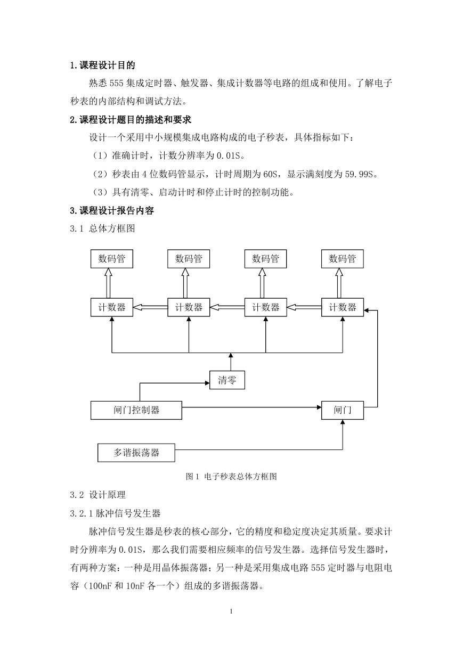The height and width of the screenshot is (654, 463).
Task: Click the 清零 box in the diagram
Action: (x=227, y=380)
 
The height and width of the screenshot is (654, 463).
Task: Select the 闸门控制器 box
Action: (x=136, y=410)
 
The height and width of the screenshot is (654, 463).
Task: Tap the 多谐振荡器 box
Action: (x=136, y=453)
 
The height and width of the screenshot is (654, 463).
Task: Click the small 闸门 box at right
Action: (x=343, y=410)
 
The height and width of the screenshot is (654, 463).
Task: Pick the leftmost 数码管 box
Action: (x=111, y=259)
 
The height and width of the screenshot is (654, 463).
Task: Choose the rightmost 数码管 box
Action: (x=343, y=259)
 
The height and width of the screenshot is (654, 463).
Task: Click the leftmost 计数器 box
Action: (x=111, y=307)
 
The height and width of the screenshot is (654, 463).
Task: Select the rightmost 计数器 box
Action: (x=343, y=307)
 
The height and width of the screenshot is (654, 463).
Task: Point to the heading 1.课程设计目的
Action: (x=102, y=65)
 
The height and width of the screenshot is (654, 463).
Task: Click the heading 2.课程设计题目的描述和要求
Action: (x=131, y=119)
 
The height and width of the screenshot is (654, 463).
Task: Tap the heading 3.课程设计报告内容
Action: (x=112, y=210)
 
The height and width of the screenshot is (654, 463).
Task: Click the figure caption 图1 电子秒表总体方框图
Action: (x=231, y=477)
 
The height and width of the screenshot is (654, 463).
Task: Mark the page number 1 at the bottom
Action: (x=231, y=611)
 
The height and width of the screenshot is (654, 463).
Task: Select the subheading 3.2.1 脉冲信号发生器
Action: (x=116, y=513)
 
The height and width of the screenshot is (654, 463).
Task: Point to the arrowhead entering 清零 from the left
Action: (x=207, y=383)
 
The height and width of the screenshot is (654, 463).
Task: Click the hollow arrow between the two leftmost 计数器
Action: (x=150, y=307)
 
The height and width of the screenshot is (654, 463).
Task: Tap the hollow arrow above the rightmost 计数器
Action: (x=339, y=283)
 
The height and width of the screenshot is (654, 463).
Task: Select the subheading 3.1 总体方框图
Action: (x=102, y=228)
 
